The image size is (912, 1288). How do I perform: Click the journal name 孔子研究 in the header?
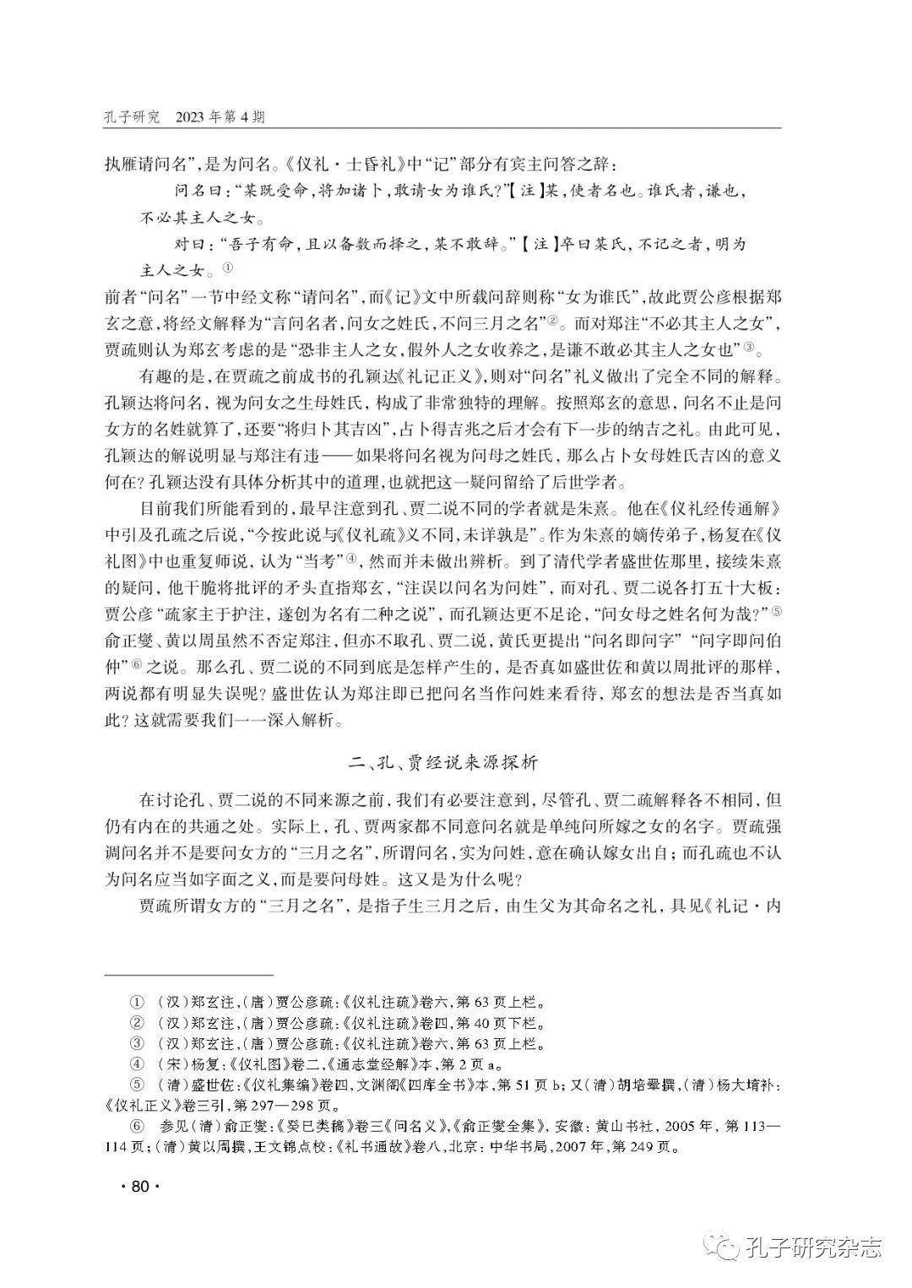pyautogui.click(x=131, y=116)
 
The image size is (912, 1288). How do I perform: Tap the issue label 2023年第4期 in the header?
pyautogui.click(x=219, y=116)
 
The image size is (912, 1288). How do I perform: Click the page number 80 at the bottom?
pyautogui.click(x=140, y=1186)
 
